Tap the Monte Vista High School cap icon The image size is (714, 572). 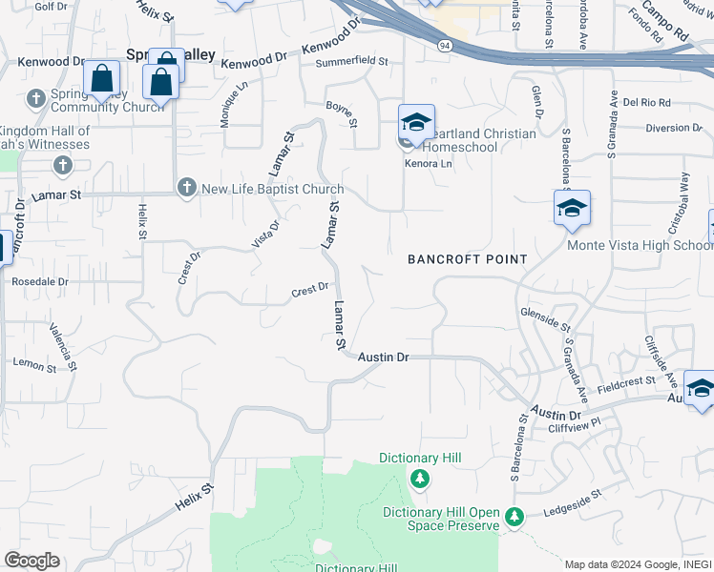click(x=572, y=209)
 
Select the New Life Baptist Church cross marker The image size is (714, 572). click(x=186, y=188)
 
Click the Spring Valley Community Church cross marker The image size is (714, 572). click(x=36, y=98)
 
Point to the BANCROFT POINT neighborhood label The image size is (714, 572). click(x=468, y=259)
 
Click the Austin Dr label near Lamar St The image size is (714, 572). click(x=384, y=357)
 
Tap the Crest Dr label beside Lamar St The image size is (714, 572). click(x=310, y=288)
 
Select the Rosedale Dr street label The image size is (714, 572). click(x=40, y=282)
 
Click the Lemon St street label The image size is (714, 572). click(x=36, y=363)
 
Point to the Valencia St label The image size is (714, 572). click(x=67, y=339)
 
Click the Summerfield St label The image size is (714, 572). click(x=353, y=61)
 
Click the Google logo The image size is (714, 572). click(x=32, y=561)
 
